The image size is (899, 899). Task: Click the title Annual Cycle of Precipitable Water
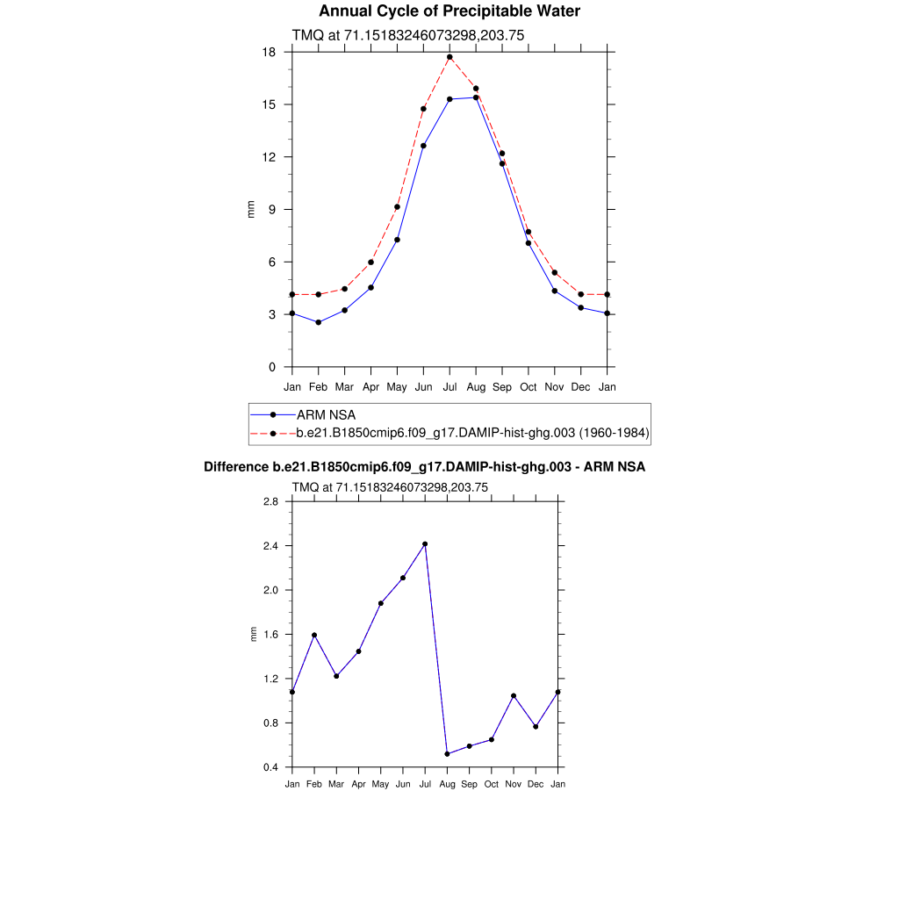pyautogui.click(x=449, y=11)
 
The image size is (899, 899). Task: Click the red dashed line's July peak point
pyautogui.click(x=449, y=57)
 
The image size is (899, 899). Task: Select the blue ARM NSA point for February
pyautogui.click(x=319, y=322)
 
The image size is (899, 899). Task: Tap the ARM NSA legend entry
pyautogui.click(x=326, y=414)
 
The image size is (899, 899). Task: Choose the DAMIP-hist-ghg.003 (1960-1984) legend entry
pyautogui.click(x=472, y=433)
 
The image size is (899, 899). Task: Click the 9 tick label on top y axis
pyautogui.click(x=273, y=210)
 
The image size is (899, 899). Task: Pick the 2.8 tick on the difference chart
pyautogui.click(x=270, y=501)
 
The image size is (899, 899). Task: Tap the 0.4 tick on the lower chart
pyautogui.click(x=270, y=767)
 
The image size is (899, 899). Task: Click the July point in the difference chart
pyautogui.click(x=425, y=544)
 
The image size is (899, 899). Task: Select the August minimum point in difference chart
pyautogui.click(x=447, y=754)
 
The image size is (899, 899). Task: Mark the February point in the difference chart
pyautogui.click(x=314, y=635)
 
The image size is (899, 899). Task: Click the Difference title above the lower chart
pyautogui.click(x=424, y=467)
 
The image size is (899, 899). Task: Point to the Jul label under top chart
pyautogui.click(x=449, y=386)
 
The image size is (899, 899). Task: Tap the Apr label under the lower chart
pyautogui.click(x=358, y=783)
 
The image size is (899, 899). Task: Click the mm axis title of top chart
pyautogui.click(x=251, y=210)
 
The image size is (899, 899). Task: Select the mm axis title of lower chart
pyautogui.click(x=255, y=634)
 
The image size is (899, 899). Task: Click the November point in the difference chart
pyautogui.click(x=514, y=696)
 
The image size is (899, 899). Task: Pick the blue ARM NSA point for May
pyautogui.click(x=398, y=240)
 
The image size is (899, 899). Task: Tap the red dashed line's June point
pyautogui.click(x=423, y=109)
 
